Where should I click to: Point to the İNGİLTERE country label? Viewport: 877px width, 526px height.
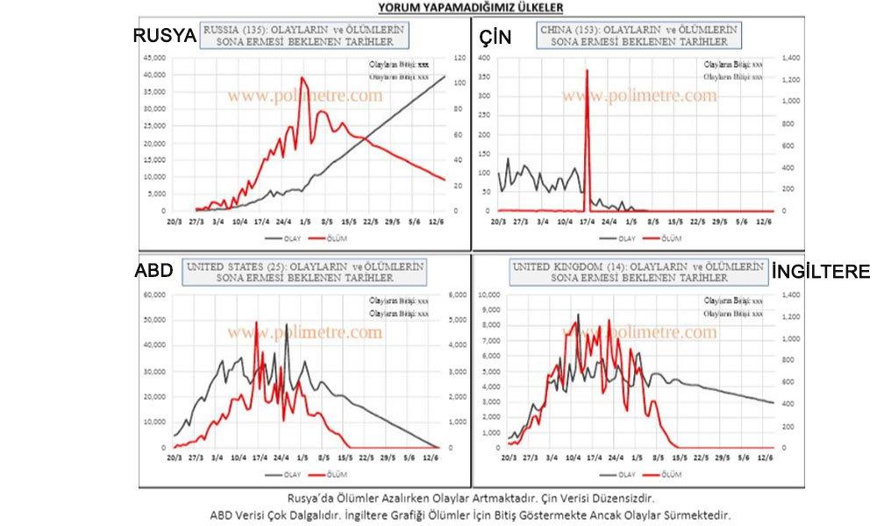[820, 271]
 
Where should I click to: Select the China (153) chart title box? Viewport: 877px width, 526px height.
[638, 35]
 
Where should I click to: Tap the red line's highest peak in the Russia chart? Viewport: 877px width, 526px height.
[302, 78]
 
